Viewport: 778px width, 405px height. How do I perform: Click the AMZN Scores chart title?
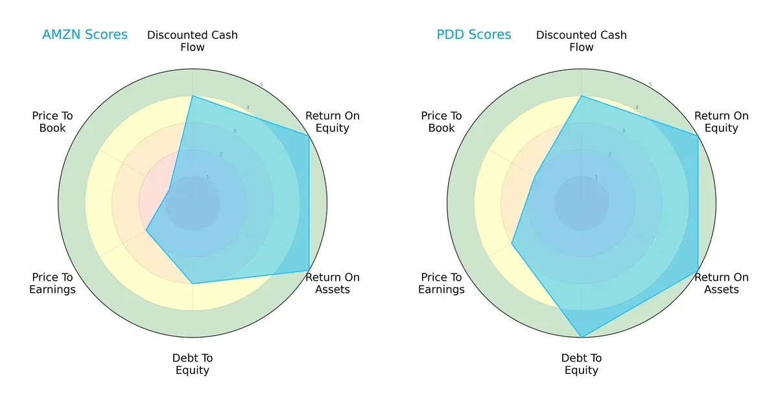tap(84, 35)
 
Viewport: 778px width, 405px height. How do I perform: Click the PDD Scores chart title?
tap(473, 35)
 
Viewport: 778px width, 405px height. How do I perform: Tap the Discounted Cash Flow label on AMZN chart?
tap(193, 41)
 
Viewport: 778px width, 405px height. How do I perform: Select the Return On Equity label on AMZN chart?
tap(332, 122)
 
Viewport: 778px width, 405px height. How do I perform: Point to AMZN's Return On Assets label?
tap(332, 283)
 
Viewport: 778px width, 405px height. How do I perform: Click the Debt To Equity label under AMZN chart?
tap(193, 364)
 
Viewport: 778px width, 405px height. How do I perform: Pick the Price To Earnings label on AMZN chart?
tap(53, 283)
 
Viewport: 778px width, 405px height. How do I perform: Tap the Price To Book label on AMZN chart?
tap(53, 122)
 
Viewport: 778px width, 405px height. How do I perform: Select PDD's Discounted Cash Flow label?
tap(582, 41)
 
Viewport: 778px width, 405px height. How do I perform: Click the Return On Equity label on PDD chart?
tap(721, 122)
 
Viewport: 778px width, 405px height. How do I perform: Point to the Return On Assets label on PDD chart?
tap(721, 283)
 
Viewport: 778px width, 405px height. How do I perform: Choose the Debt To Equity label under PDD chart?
tap(582, 364)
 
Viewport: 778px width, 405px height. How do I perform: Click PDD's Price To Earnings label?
tap(442, 283)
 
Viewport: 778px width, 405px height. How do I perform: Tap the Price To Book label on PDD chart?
tap(442, 122)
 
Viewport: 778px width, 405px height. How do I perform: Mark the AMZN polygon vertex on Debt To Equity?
tap(193, 284)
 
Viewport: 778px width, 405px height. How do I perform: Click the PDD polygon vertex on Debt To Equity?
tap(582, 337)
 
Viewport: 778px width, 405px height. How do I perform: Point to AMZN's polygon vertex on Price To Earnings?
tap(147, 230)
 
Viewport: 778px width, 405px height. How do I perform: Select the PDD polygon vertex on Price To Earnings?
tap(512, 244)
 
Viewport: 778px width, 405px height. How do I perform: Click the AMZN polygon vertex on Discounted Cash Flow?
tap(193, 96)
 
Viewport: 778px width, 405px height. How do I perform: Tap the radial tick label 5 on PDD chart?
tap(650, 85)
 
